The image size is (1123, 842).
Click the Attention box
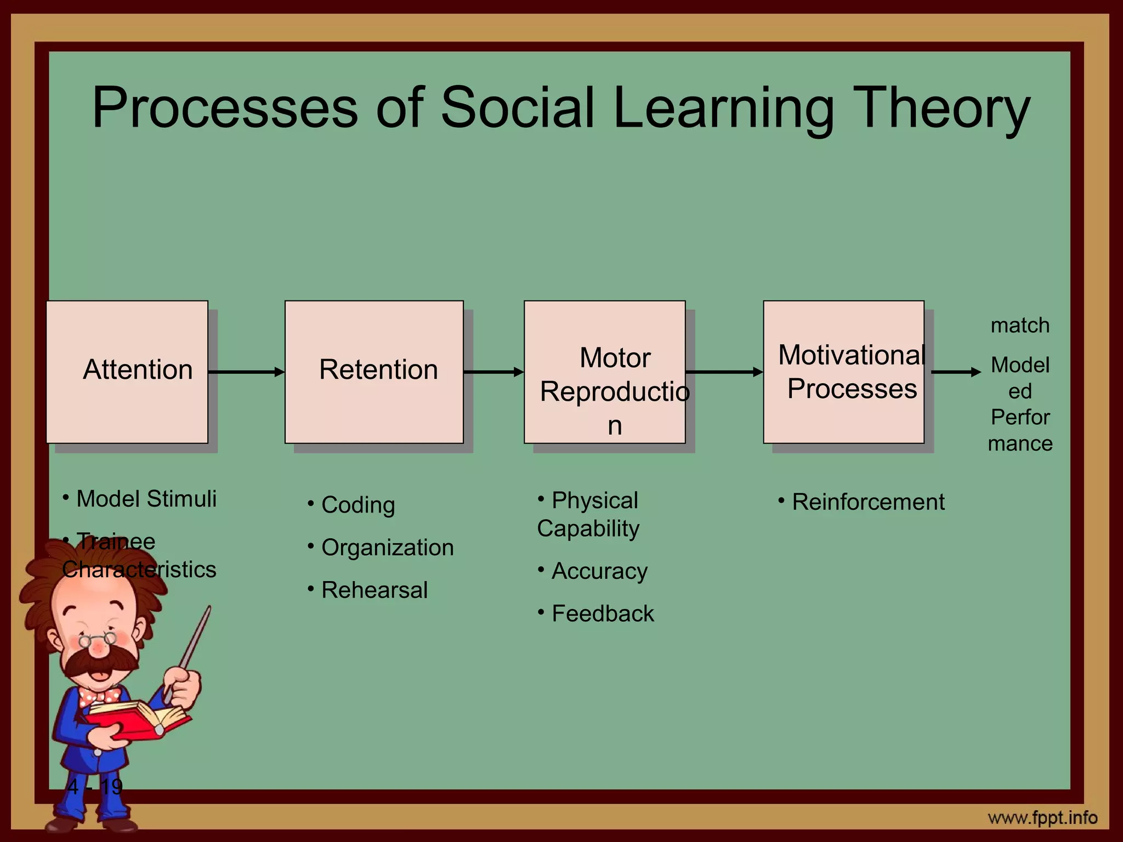click(x=127, y=372)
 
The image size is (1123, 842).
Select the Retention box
click(x=374, y=372)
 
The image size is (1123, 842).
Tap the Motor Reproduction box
click(x=604, y=372)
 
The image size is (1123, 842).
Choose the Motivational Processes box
click(x=843, y=372)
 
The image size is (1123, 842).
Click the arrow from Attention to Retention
click(x=246, y=372)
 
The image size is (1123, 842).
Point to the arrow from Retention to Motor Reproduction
click(x=494, y=372)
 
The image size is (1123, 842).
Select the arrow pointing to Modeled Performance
click(x=956, y=372)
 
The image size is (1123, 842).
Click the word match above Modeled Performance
click(x=1020, y=326)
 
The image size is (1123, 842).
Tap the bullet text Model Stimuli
click(x=146, y=499)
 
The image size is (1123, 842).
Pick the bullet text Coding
click(x=358, y=505)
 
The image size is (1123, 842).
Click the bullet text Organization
click(x=387, y=548)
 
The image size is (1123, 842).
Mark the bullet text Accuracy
click(x=599, y=571)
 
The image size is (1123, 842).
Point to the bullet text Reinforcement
click(x=868, y=502)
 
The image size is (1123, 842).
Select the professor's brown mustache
click(x=99, y=660)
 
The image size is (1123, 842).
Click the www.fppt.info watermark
click(x=1042, y=818)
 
